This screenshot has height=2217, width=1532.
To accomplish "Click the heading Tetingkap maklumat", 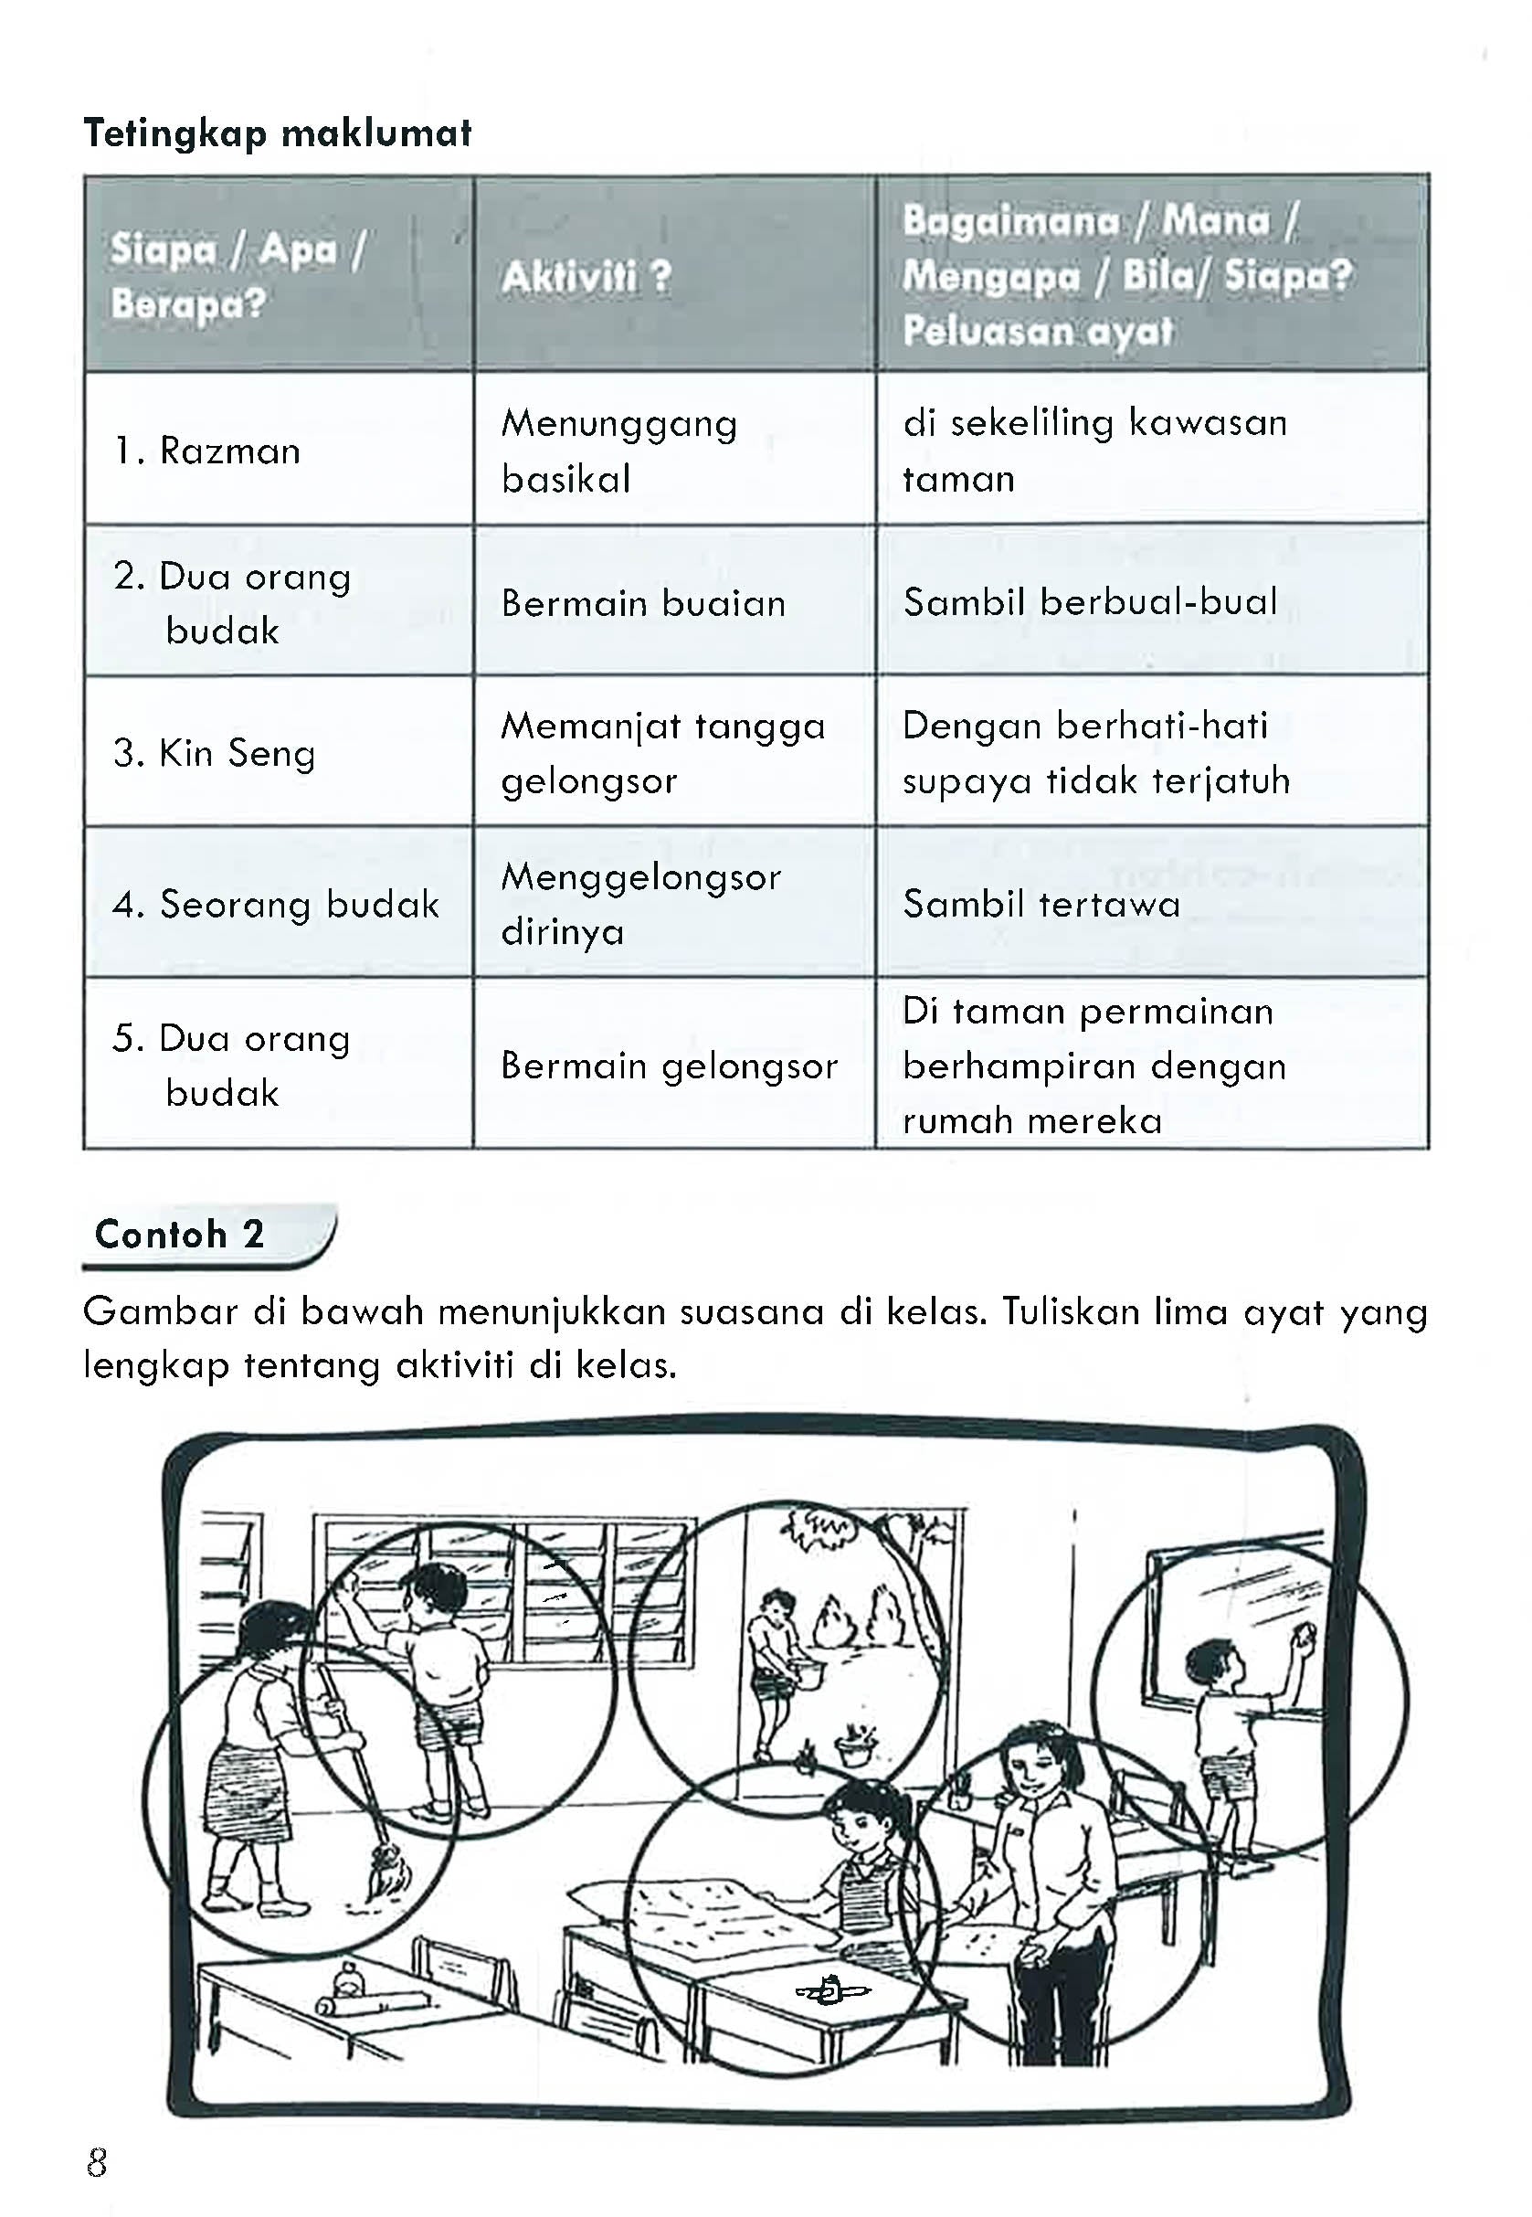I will pos(278,133).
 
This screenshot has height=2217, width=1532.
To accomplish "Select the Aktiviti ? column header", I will pos(586,279).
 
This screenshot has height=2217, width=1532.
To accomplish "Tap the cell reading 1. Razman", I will pos(207,451).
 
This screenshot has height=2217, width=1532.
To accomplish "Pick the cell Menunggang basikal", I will pos(619,451).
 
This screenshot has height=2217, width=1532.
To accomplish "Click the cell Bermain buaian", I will pos(643,603).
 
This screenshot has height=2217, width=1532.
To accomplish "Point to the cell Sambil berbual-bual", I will pos(1091,602).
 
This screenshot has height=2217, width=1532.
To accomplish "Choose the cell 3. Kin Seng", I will pos(214,754).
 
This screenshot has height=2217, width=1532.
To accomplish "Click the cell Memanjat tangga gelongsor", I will pos(662,753).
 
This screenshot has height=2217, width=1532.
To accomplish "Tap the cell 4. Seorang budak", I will pos(277,905).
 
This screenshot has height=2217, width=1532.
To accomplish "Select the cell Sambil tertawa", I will pos(1041,905).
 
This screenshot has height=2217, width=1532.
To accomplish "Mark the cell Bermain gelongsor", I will pos(669,1066).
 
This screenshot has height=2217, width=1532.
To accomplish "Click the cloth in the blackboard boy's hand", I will pos(1303,1629).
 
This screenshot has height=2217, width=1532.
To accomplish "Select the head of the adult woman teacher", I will pos(1033,1758).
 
